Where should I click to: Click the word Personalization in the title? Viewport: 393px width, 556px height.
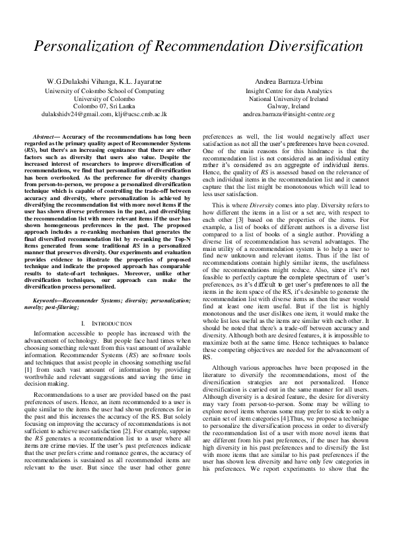click(x=90, y=48)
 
